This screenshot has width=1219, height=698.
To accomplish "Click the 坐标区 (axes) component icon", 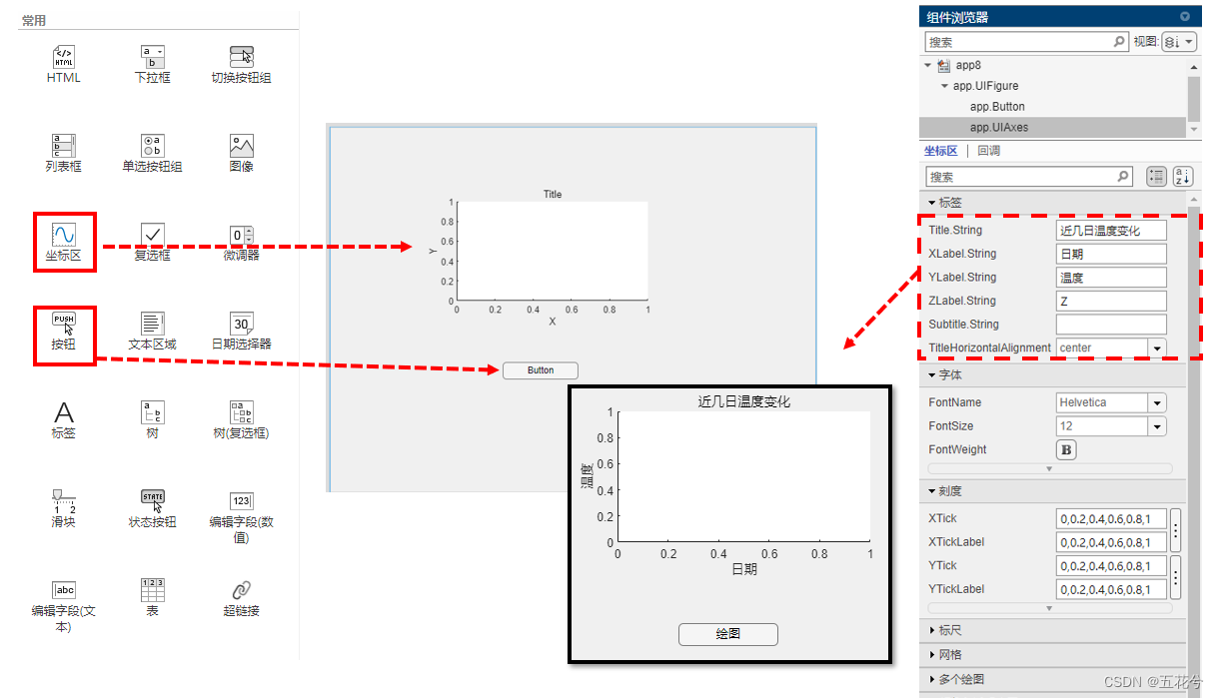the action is click(64, 235).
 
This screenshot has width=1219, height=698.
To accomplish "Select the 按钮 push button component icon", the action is click(64, 324).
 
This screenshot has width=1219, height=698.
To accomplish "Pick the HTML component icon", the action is click(64, 57).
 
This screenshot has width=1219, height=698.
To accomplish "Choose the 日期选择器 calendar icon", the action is click(241, 324).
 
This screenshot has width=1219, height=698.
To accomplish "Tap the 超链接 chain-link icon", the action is click(241, 590).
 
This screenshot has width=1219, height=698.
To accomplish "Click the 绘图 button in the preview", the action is click(728, 634).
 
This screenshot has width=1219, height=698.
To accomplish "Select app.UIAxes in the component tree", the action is click(998, 127).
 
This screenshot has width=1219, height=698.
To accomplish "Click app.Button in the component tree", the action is click(997, 107).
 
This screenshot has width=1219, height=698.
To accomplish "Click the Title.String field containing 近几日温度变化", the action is click(1111, 230).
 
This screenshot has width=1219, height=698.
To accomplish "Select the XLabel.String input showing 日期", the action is click(1111, 254).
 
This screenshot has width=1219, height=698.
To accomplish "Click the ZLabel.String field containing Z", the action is click(1111, 301).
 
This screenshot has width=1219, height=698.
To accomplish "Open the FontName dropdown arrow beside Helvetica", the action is click(1157, 402).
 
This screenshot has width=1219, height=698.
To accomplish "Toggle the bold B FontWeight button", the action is click(1066, 450).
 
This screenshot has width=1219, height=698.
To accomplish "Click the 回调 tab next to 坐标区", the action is click(988, 151).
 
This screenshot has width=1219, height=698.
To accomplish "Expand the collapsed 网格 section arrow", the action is click(932, 654).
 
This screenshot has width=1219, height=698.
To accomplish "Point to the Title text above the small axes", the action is click(553, 194).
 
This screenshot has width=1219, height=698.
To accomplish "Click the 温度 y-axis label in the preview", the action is click(587, 476).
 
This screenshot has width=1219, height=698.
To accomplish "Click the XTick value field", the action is click(1111, 518).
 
